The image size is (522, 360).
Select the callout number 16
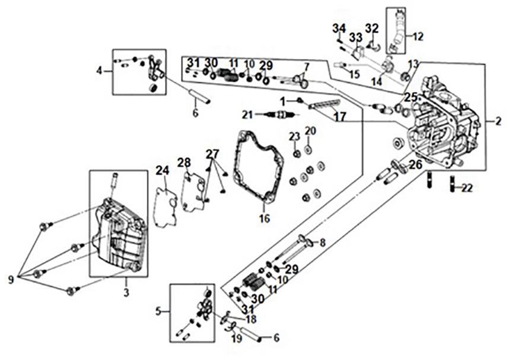264,219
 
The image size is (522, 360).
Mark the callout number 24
163,171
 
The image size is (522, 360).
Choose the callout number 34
339,28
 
